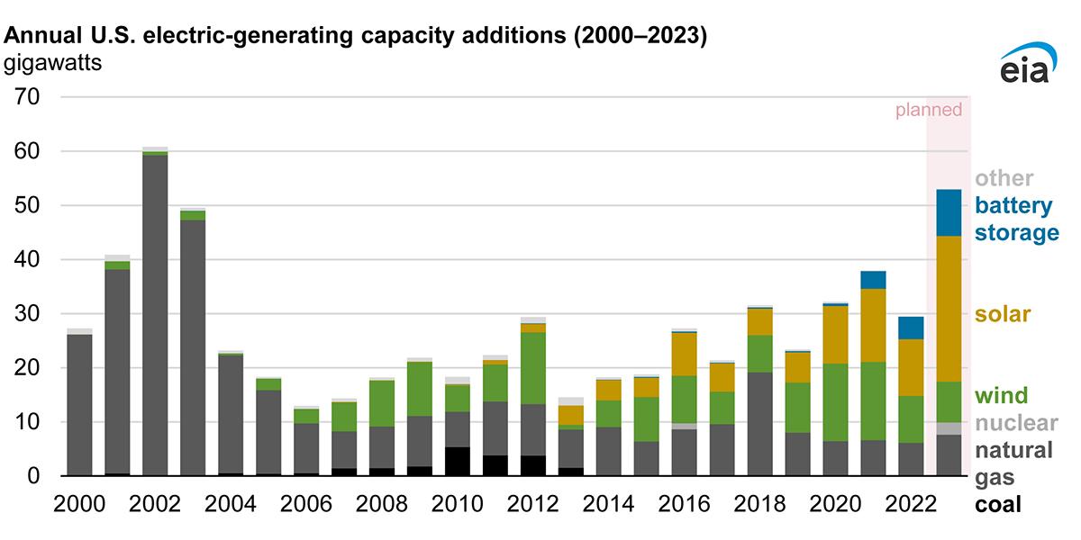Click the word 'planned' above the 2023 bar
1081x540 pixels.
click(928, 111)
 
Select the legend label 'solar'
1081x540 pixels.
click(1004, 315)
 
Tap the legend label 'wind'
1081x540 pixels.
click(1002, 396)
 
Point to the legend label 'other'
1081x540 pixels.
click(1004, 178)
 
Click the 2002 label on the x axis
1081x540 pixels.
click(155, 505)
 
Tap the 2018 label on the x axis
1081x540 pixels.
click(760, 505)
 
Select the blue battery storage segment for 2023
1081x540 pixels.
click(949, 212)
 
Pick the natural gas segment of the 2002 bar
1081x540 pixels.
click(155, 315)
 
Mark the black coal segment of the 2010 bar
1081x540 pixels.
click(458, 461)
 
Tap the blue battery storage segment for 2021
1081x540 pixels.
click(873, 280)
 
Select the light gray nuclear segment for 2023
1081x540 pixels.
click(949, 428)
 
